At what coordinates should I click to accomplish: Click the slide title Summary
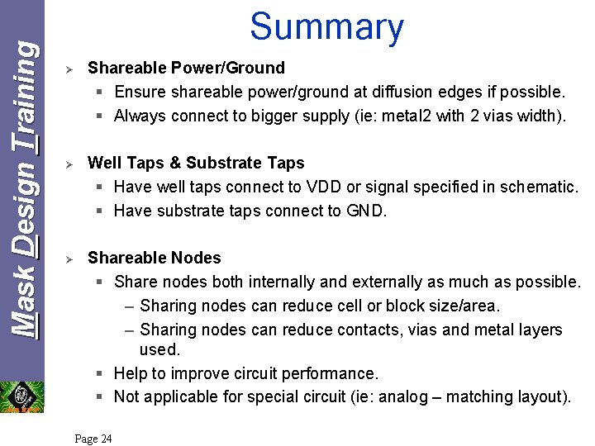point(326,26)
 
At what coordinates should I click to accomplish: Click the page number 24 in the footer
point(93,439)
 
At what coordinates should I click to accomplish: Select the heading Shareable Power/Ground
point(186,68)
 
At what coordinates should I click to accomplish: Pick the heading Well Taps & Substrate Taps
point(196,163)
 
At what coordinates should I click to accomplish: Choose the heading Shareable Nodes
point(155,258)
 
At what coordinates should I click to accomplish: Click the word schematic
point(537,187)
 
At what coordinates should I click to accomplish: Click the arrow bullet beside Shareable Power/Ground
point(70,69)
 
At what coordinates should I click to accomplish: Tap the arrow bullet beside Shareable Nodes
point(70,259)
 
